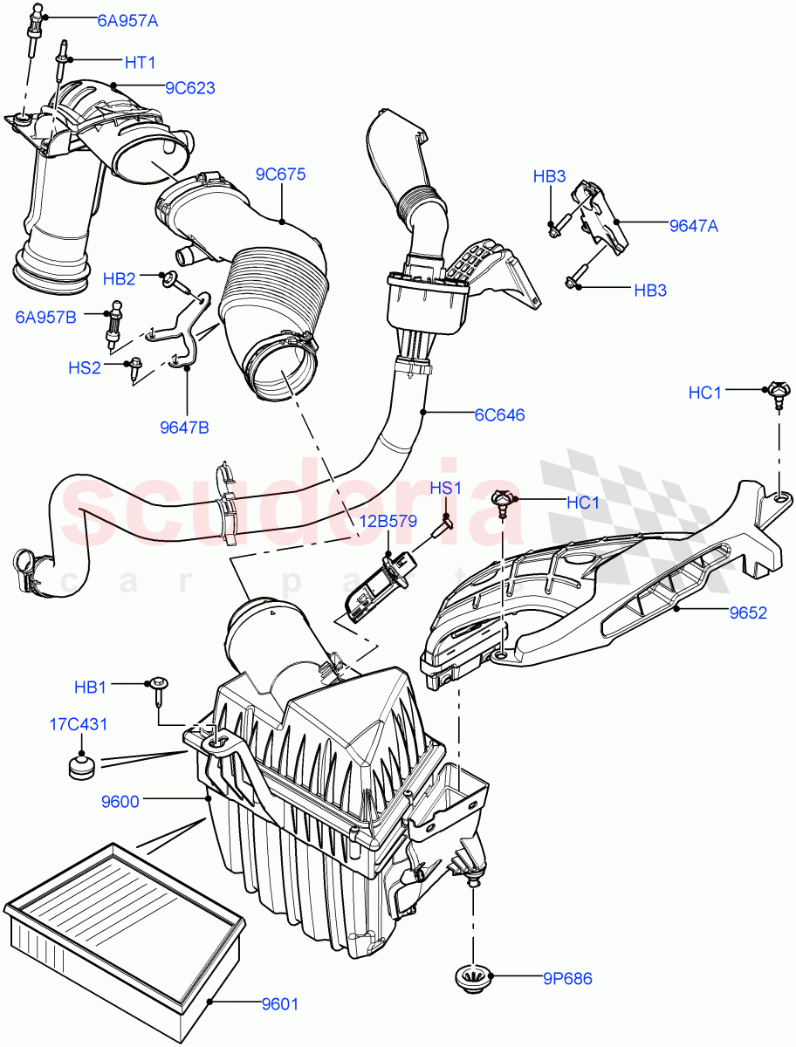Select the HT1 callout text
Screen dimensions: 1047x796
pyautogui.click(x=140, y=62)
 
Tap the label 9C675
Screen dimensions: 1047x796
pyautogui.click(x=280, y=174)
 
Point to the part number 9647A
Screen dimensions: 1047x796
pyautogui.click(x=694, y=226)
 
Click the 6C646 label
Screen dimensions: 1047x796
pyautogui.click(x=499, y=414)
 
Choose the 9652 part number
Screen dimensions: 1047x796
pyautogui.click(x=748, y=612)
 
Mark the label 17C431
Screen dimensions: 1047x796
pyautogui.click(x=79, y=723)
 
